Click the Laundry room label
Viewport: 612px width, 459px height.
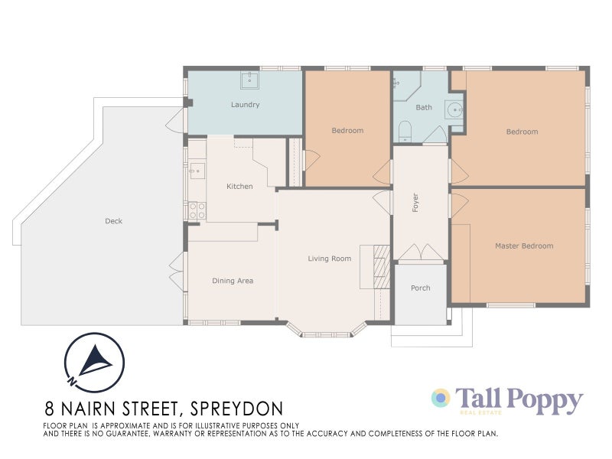click(245, 105)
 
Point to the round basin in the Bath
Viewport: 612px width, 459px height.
click(457, 109)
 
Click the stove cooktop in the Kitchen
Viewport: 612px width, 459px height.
click(196, 210)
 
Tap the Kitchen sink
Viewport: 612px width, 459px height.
click(196, 169)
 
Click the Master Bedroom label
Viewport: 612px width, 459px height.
click(523, 246)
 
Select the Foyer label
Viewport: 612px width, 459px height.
click(415, 203)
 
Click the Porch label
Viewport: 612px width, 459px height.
click(420, 288)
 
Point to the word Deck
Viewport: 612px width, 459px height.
click(113, 222)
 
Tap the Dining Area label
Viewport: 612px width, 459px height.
click(233, 281)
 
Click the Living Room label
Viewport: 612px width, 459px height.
click(329, 259)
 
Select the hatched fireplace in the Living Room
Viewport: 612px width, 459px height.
click(382, 266)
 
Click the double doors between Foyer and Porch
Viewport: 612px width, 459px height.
click(420, 253)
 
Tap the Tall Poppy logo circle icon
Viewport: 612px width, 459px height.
click(441, 399)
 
